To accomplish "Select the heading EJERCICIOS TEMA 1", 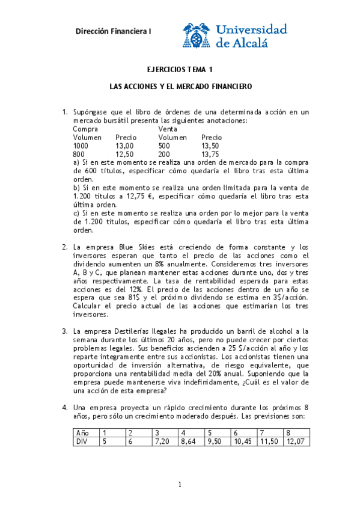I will pyautogui.click(x=180, y=70).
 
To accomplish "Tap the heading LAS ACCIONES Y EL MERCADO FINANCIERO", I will pyautogui.click(x=180, y=87).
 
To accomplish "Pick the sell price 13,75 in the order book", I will pyautogui.click(x=211, y=154).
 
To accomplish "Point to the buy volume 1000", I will pyautogui.click(x=80, y=146).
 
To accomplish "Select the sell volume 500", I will pyautogui.click(x=164, y=146).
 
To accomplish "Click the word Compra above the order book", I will pyautogui.click(x=85, y=129).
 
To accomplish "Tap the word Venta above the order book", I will pyautogui.click(x=168, y=129).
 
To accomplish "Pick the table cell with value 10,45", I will pyautogui.click(x=242, y=441).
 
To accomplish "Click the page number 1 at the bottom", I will pyautogui.click(x=180, y=485).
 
